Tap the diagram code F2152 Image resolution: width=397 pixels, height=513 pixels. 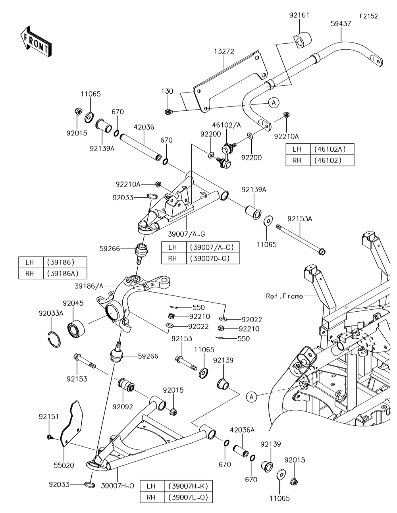(x=368, y=16)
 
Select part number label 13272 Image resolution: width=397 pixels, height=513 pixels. (x=224, y=52)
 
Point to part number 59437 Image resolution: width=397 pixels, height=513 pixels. (x=340, y=24)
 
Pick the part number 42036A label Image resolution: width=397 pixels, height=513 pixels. (x=242, y=430)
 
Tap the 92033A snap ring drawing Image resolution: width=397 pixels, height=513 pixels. (x=53, y=339)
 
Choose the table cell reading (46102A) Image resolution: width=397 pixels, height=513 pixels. (x=332, y=150)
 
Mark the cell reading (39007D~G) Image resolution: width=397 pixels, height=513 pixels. (x=212, y=259)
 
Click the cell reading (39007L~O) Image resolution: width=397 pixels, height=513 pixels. (x=187, y=497)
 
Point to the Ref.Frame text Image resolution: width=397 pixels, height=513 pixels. (x=284, y=296)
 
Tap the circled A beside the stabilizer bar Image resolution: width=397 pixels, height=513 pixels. (x=273, y=102)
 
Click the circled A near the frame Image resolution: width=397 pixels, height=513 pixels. (x=251, y=396)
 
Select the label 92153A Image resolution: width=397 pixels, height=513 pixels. (x=300, y=219)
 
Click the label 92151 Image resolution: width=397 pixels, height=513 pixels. (x=48, y=417)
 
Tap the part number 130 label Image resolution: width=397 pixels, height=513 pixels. (x=167, y=91)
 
